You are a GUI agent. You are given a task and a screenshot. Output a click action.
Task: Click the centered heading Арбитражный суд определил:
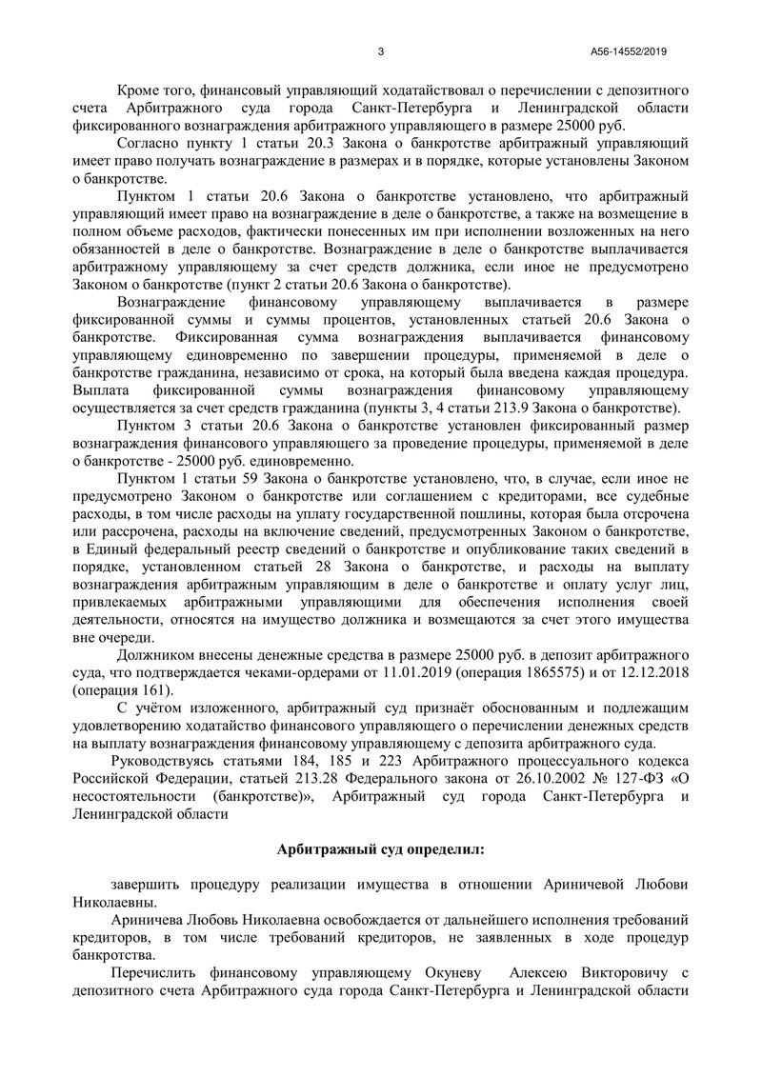click(x=380, y=848)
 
